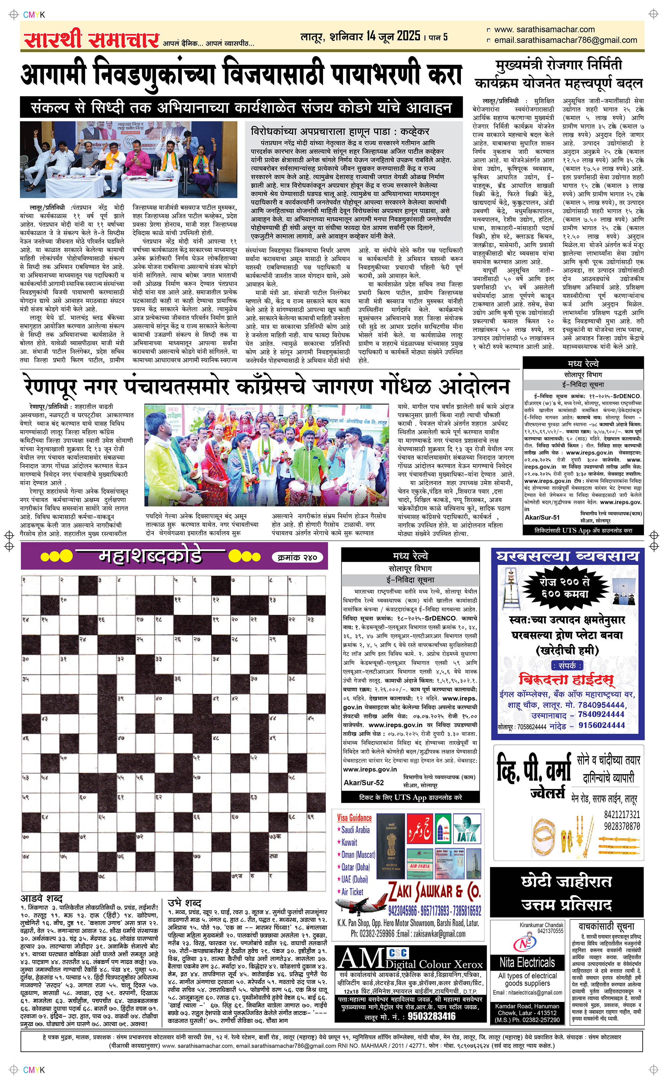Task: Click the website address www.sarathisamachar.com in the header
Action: [x=544, y=30]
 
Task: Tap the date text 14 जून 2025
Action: [x=393, y=36]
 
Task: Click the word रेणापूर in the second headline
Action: [x=50, y=387]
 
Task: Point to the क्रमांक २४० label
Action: [x=298, y=557]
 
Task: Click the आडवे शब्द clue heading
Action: [x=42, y=897]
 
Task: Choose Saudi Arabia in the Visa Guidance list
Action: [x=355, y=830]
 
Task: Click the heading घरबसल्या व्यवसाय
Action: [x=567, y=557]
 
